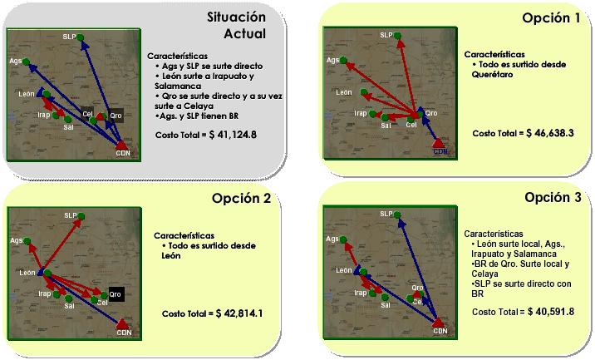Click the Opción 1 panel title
pos(551,17)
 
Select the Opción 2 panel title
pos(241,198)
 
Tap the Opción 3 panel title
pos(553,198)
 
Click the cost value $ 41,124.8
pos(233,135)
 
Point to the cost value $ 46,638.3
pos(550,133)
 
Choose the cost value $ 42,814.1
pos(239,313)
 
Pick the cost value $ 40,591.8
pos(551,312)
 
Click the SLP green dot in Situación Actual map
pos(80,37)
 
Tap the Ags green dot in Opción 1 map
pos(343,60)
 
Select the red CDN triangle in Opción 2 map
pos(122,324)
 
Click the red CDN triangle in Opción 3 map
pos(438,323)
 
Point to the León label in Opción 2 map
pos(27,273)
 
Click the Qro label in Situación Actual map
pos(116,116)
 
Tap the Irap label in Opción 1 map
pos(360,113)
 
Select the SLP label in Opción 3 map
pos(386,215)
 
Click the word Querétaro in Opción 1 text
pos(492,75)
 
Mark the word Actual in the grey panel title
pos(245,34)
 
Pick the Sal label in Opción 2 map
pos(69,306)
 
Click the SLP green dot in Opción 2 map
pos(81,216)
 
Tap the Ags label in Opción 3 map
pos(332,239)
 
